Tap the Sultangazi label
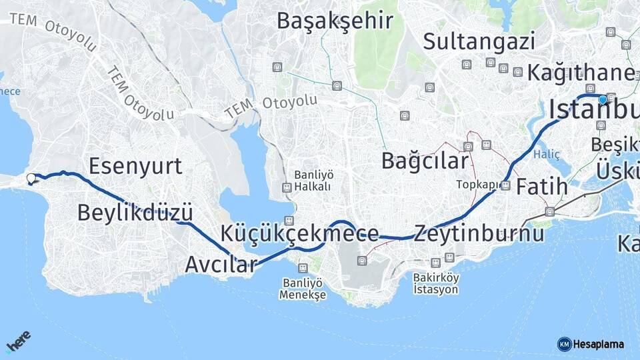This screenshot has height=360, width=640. click(479, 41)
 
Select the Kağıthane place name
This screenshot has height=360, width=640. click(580, 72)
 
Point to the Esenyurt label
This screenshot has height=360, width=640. click(135, 166)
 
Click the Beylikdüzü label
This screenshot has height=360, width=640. click(135, 213)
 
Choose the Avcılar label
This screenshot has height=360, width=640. click(221, 264)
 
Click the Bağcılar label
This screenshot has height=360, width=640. click(425, 161)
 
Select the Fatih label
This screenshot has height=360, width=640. click(542, 186)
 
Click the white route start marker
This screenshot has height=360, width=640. click(31, 178)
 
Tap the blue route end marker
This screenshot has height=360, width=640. click(603, 99)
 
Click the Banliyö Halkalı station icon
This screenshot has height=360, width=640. click(287, 187)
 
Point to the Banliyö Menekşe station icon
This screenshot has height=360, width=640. click(303, 268)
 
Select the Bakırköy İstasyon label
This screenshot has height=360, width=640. click(436, 284)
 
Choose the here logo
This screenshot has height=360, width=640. click(19, 342)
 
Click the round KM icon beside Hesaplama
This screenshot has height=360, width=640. click(564, 344)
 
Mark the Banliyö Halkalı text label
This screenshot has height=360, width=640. click(313, 180)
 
